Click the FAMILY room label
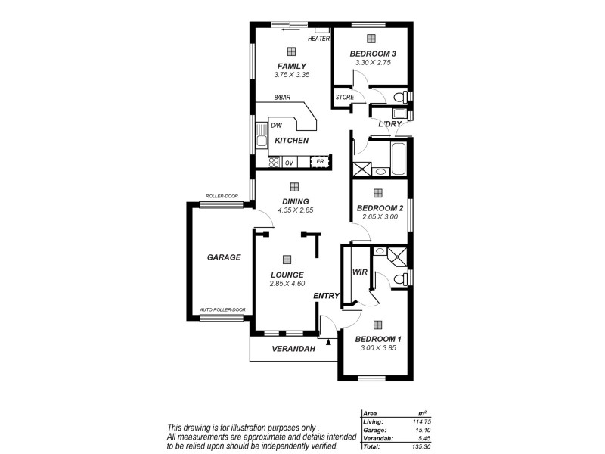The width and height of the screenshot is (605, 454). tap(291, 66)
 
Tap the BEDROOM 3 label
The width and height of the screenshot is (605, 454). tap(373, 54)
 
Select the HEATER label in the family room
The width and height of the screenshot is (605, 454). tap(318, 39)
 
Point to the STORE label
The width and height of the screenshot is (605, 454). tap(345, 97)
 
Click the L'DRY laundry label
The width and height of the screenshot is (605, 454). tap(389, 123)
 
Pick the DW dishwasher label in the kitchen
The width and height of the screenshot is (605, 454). tap(277, 126)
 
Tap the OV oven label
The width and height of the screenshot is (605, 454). tap(289, 163)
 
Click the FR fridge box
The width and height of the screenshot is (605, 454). tap(321, 162)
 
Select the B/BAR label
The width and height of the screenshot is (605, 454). tap(283, 97)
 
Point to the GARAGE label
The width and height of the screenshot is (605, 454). tap(224, 257)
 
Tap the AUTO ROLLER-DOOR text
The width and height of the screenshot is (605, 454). tap(222, 309)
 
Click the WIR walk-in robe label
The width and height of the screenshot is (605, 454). tap(360, 272)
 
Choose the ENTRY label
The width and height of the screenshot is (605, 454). tap(327, 296)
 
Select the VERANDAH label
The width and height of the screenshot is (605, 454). tap(293, 349)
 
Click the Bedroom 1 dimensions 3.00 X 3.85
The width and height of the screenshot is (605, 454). tap(379, 348)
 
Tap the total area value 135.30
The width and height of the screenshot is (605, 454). tap(420, 446)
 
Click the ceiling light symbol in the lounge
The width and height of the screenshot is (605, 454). tap(287, 259)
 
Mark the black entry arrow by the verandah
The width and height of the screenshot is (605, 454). tap(328, 341)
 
